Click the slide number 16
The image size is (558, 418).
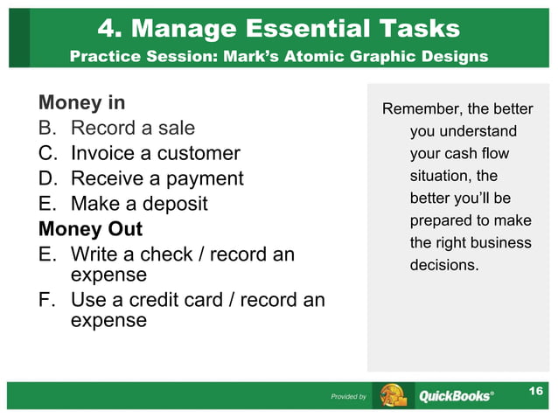pyautogui.click(x=536, y=390)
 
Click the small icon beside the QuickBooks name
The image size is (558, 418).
pyautogui.click(x=392, y=395)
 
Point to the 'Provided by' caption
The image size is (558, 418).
pyautogui.click(x=348, y=397)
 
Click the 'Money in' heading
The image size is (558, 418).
pyautogui.click(x=81, y=103)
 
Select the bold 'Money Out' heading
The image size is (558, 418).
pyautogui.click(x=90, y=230)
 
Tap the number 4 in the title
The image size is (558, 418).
pyautogui.click(x=108, y=28)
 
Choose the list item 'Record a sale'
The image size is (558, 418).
pyautogui.click(x=132, y=129)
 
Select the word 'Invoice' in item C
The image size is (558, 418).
pyautogui.click(x=104, y=154)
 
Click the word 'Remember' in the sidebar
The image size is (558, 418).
pyautogui.click(x=416, y=109)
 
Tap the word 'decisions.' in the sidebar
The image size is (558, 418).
pyautogui.click(x=444, y=264)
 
